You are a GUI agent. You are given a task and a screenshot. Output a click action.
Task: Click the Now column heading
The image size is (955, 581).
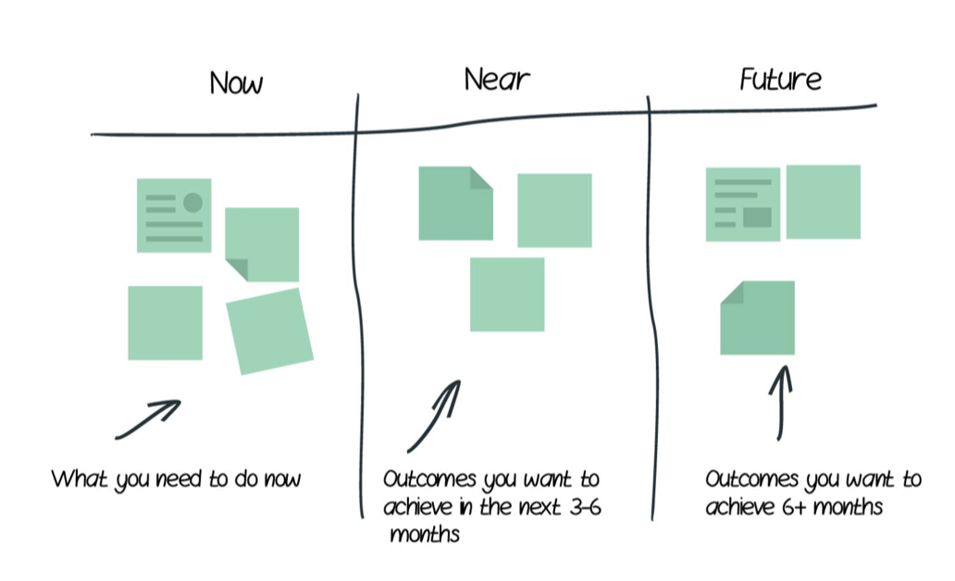pos(236,83)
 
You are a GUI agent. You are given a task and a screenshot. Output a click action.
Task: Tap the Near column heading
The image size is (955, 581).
pos(497,80)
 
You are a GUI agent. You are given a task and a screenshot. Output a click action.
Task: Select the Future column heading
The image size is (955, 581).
pos(780,80)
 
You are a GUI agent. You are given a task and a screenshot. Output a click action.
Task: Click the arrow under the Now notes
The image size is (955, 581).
pos(148,419)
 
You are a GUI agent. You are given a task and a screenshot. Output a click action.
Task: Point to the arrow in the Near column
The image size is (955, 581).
pos(433,415)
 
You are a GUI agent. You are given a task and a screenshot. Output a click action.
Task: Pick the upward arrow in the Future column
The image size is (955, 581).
pos(781,402)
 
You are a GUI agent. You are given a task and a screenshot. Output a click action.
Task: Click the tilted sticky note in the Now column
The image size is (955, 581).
pos(269,331)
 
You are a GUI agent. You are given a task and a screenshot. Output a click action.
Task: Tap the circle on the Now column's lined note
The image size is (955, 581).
pos(192,203)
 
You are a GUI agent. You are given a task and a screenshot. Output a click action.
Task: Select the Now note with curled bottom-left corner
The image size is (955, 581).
pos(262,244)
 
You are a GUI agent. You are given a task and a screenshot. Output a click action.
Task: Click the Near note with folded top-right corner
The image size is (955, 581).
pos(454,204)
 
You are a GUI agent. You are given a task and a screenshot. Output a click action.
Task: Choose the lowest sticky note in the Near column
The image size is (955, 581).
pos(507,294)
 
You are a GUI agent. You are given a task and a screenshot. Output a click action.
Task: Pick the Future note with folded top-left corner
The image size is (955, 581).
pos(757,317)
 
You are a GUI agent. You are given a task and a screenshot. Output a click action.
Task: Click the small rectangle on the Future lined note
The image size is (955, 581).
pos(757,217)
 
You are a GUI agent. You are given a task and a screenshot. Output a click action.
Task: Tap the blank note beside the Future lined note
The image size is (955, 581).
pos(823,202)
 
